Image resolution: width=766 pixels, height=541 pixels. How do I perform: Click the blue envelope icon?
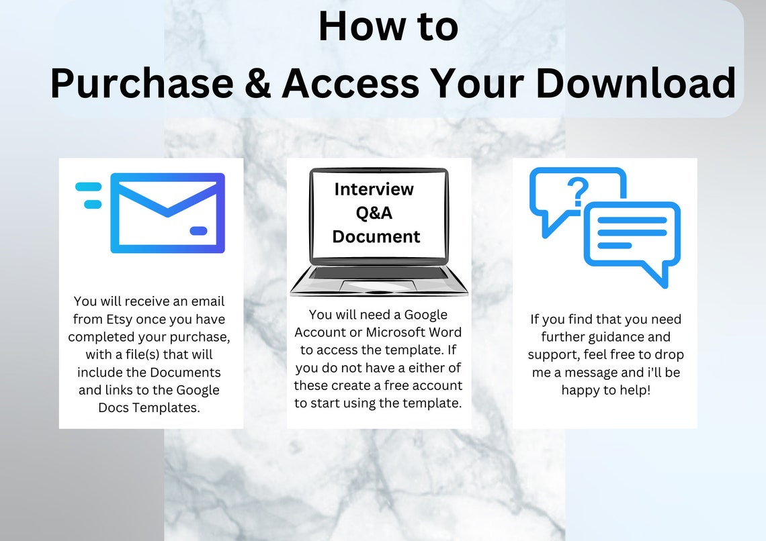(167, 213)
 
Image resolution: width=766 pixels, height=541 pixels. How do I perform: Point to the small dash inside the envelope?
(198, 231)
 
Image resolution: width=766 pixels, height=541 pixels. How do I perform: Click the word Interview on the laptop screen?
(374, 189)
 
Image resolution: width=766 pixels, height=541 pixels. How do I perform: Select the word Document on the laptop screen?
(376, 236)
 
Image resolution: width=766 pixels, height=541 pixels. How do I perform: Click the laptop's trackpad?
(378, 285)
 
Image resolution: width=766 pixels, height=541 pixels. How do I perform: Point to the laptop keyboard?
(378, 273)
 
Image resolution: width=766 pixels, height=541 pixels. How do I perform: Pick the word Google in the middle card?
(427, 315)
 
